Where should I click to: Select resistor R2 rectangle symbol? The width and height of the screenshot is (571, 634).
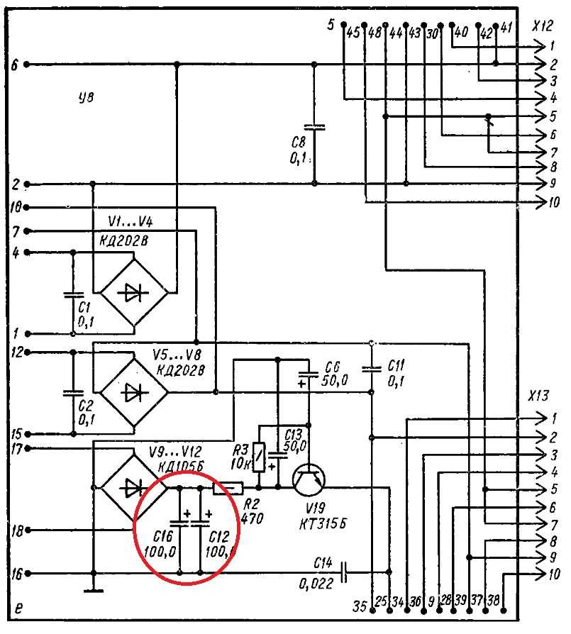point(228,488)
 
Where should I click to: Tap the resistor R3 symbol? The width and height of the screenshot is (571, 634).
point(260,457)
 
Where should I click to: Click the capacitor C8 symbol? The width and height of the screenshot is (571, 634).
point(315,128)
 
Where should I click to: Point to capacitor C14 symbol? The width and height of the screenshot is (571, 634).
point(345,572)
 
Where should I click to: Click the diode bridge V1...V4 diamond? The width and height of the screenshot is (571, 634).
point(132,292)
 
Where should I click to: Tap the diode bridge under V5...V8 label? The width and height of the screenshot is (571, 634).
point(132,391)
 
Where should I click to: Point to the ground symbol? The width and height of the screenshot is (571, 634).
point(93,589)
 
